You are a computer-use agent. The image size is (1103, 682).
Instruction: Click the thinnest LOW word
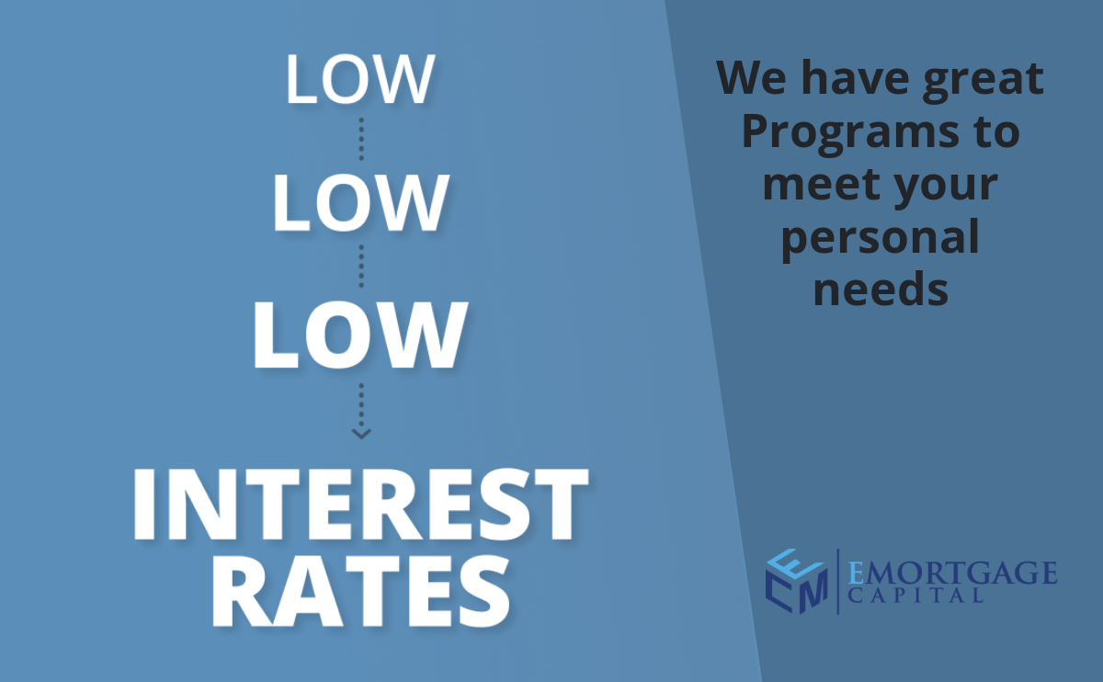tap(360, 79)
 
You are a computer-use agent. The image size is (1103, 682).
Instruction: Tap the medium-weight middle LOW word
tap(361, 202)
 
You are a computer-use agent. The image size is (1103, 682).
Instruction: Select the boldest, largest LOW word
tap(360, 335)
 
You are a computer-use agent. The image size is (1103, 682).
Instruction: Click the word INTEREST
tap(360, 504)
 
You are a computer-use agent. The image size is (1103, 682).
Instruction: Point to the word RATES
tap(361, 590)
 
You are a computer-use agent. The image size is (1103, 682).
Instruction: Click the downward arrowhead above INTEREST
tap(361, 433)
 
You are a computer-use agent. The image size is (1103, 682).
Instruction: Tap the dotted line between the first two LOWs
tap(361, 139)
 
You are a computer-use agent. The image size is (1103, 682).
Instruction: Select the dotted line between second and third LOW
tap(361, 267)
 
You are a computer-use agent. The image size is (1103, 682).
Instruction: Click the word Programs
tap(850, 134)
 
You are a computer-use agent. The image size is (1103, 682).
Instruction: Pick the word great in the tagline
tap(983, 80)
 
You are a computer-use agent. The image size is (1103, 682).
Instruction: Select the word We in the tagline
tap(752, 77)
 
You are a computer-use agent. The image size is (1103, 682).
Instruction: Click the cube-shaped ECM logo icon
tap(797, 581)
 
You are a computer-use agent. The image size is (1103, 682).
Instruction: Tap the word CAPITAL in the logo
tap(915, 596)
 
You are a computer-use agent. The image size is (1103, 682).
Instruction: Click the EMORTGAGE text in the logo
tap(952, 573)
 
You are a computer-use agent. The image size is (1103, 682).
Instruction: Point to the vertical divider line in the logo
tap(838, 582)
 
